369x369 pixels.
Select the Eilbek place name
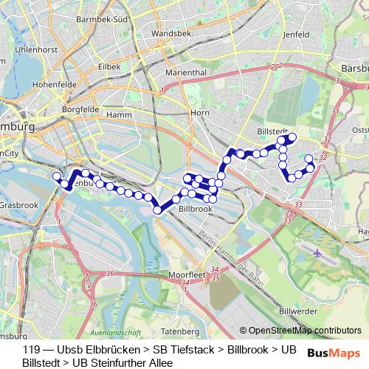point(109,66)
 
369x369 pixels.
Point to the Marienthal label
point(186,73)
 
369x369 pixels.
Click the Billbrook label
point(196,209)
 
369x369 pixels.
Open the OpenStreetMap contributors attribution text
point(305,330)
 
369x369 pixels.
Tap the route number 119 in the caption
point(31,350)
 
